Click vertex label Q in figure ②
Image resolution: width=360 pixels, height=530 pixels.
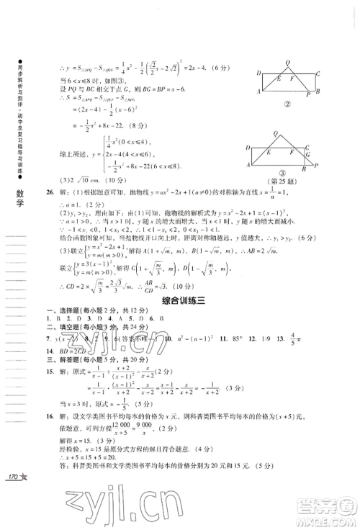point(287,63)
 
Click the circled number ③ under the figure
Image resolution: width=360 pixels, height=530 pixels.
point(286,187)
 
